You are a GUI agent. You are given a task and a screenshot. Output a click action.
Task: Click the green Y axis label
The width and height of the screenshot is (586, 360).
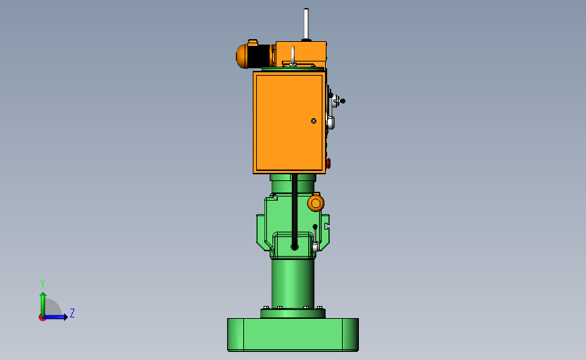42,284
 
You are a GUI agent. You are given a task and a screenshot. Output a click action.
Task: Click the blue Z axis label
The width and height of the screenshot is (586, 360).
72,313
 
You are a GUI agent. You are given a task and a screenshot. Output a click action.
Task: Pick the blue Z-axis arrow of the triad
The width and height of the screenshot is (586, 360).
58,317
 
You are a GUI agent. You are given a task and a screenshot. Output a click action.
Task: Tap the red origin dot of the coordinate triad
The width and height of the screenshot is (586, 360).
42,317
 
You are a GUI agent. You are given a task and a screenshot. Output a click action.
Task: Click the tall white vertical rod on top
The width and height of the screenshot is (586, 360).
306,24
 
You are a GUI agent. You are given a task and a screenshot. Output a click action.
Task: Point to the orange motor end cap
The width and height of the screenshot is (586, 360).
241,56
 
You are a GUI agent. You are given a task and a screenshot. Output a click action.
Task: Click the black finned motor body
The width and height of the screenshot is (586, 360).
260,56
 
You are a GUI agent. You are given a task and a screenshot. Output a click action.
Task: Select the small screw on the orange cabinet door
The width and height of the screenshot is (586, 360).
314,121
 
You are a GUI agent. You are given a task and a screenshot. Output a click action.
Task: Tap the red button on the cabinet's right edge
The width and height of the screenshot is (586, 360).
328,163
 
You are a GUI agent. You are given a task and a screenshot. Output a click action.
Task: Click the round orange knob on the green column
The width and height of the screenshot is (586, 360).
316,203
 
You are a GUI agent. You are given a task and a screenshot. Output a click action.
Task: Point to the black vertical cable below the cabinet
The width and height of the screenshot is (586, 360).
294,209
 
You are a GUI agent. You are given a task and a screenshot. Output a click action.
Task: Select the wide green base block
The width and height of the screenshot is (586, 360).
292,334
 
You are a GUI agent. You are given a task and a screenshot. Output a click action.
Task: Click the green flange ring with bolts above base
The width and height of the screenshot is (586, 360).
292,313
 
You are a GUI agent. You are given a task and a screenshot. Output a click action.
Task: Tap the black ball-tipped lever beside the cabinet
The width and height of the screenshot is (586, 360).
340,101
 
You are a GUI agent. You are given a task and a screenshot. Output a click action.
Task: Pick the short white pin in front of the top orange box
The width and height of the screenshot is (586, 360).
293,55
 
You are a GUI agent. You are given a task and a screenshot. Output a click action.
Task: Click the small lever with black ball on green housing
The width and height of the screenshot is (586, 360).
315,232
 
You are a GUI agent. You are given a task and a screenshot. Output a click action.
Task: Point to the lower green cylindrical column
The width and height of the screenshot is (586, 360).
292,284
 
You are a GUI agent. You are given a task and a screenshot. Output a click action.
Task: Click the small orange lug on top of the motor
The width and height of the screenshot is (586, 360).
253,43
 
